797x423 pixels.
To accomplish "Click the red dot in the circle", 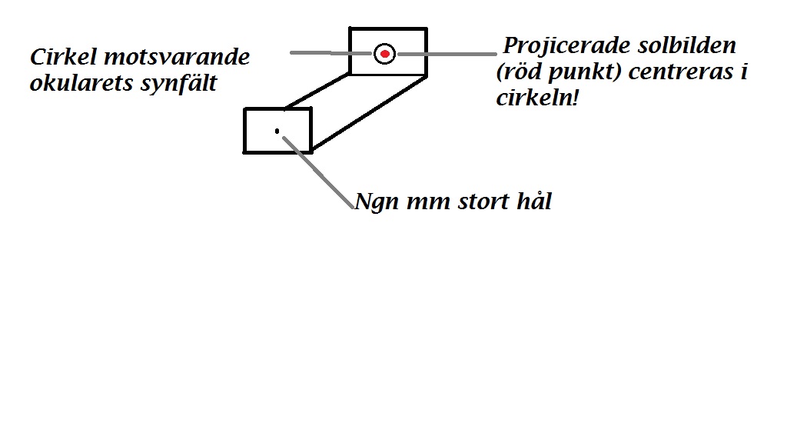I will point(385,53).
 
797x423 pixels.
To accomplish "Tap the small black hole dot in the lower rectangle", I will point(277,132).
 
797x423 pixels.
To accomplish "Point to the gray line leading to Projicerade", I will point(446,54).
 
